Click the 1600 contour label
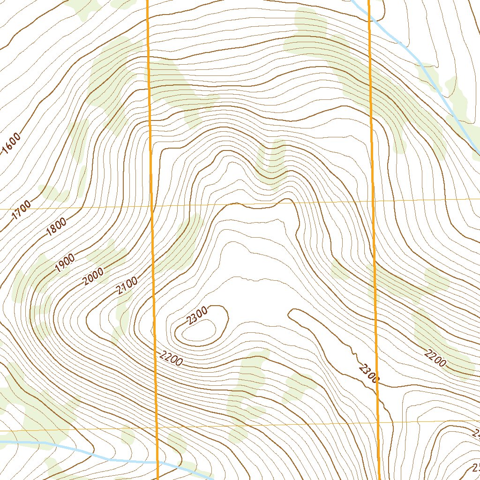click(x=12, y=143)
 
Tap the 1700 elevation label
click(x=22, y=210)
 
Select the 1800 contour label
click(x=57, y=226)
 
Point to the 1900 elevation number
click(x=65, y=262)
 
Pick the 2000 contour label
click(x=94, y=276)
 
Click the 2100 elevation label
click(x=127, y=285)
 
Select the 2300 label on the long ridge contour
click(x=368, y=374)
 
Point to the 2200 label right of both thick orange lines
click(x=435, y=358)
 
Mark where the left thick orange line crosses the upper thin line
click(x=151, y=206)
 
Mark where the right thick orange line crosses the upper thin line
click(x=373, y=201)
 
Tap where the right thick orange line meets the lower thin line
click(x=378, y=422)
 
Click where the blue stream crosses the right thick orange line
click(x=368, y=14)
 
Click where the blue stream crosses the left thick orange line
click(x=157, y=462)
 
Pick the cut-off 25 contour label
click(x=475, y=467)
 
